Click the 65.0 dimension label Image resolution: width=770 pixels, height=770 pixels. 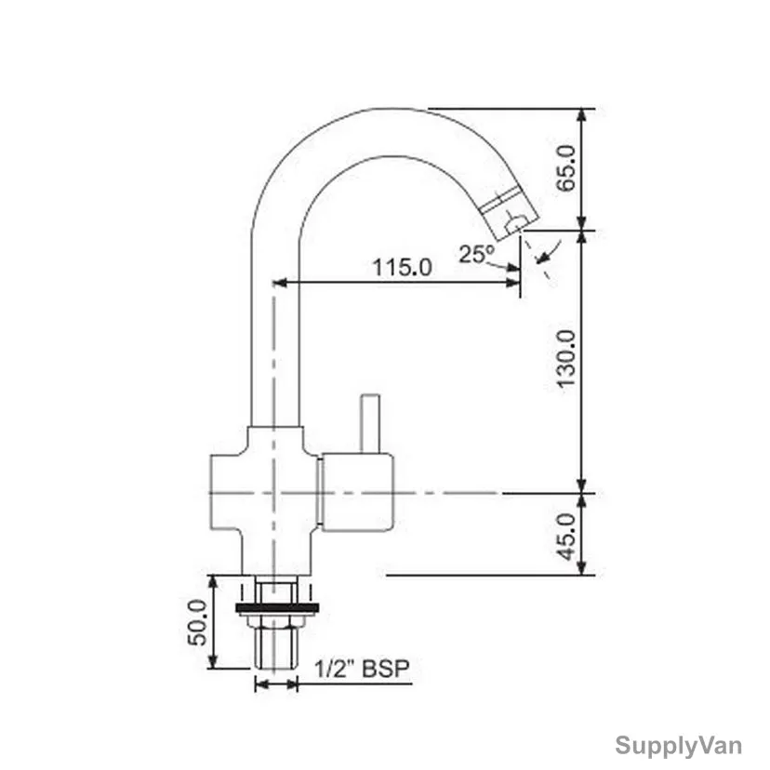tap(565, 168)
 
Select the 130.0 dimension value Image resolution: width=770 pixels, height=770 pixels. tap(565, 359)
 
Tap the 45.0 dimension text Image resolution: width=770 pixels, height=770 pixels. tap(566, 537)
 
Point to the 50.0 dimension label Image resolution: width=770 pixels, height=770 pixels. tap(197, 622)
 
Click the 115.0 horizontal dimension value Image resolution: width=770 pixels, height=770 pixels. tap(402, 268)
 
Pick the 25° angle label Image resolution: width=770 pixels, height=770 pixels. tap(477, 254)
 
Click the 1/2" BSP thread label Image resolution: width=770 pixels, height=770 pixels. tap(362, 669)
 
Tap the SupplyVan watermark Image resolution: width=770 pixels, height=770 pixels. tap(679, 746)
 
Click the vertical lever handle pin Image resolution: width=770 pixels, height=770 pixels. tap(370, 423)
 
